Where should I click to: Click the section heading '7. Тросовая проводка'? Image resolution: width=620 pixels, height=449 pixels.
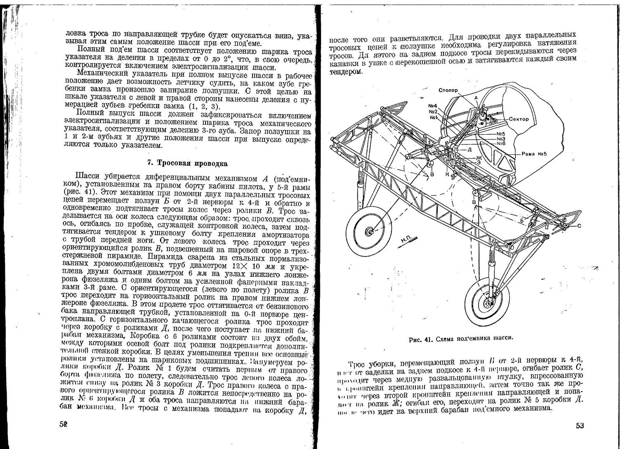click(187, 163)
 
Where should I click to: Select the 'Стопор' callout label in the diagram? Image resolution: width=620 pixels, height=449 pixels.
click(448, 90)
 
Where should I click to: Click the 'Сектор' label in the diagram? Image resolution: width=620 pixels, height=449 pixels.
click(519, 119)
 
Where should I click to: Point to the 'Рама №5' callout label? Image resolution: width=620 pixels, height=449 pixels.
click(534, 154)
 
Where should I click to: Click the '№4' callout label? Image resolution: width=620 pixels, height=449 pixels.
click(433, 105)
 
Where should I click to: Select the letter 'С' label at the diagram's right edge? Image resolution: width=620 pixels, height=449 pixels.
click(579, 226)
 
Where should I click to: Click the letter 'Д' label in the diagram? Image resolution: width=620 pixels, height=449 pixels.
click(470, 150)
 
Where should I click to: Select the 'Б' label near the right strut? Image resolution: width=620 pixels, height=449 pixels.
click(522, 221)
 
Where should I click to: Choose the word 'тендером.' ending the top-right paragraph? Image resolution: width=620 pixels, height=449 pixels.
click(346, 72)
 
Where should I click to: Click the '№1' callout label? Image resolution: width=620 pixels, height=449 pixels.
click(433, 117)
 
